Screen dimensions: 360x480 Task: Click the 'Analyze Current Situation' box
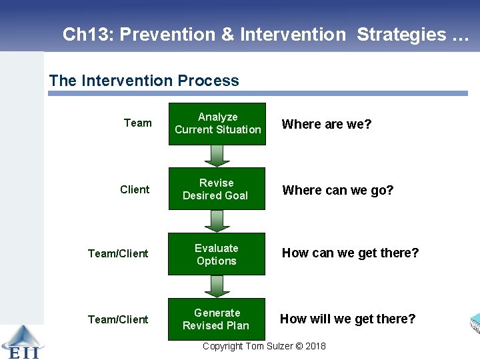tap(217, 123)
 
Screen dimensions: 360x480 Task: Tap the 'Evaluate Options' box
tap(217, 254)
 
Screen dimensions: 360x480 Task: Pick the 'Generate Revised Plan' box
tap(217, 319)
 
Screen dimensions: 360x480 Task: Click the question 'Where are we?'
tap(327, 124)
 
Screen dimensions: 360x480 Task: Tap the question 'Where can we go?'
tap(338, 190)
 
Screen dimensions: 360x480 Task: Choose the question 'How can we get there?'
tap(351, 253)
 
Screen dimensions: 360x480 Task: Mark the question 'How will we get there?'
tap(347, 319)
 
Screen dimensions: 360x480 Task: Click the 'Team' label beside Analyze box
tap(138, 123)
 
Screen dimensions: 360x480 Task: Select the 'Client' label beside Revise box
tap(135, 189)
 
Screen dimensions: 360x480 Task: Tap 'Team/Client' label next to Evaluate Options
tap(118, 253)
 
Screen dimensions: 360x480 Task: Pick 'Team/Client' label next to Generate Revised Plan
tap(118, 319)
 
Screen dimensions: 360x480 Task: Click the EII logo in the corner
tap(21, 342)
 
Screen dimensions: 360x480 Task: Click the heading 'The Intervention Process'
tap(144, 81)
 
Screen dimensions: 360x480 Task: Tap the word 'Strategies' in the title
tap(401, 34)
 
